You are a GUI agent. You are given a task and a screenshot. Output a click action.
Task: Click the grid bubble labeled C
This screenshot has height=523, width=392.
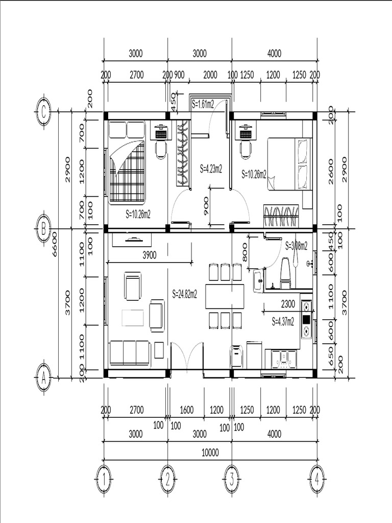coord(44,112)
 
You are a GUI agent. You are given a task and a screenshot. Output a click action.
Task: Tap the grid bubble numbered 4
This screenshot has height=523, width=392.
coord(316,480)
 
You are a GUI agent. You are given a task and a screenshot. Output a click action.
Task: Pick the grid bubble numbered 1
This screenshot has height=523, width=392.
coord(104,480)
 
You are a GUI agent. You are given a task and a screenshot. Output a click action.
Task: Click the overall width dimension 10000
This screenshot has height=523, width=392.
coord(210,452)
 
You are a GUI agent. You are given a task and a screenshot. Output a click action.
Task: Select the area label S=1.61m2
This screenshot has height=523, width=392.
coord(203,103)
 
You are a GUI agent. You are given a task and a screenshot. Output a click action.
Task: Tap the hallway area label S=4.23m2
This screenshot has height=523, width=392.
coord(211,168)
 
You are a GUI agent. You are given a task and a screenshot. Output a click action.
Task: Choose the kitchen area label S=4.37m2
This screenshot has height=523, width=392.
coord(283,321)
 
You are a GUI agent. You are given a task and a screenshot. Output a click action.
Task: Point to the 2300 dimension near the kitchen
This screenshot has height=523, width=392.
coord(288,303)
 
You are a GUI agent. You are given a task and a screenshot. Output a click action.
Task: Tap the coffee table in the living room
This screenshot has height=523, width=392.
coord(133,318)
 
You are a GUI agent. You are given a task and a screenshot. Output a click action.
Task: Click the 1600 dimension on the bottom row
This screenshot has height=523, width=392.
coord(186,410)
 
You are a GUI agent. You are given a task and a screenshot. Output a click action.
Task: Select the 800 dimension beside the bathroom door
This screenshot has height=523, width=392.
coord(246,252)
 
